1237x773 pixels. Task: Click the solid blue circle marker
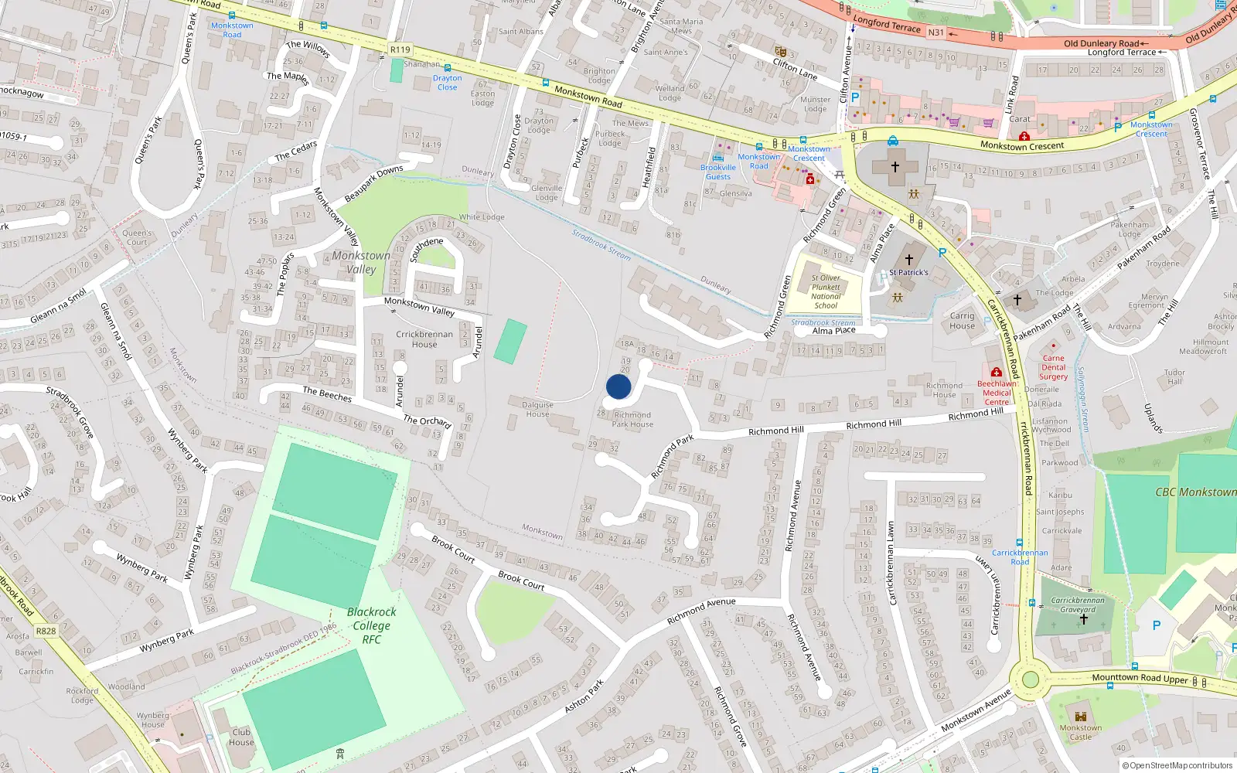[618, 386]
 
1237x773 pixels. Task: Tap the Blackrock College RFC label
[372, 625]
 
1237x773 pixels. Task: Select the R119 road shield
[400, 49]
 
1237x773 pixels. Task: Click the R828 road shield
[46, 631]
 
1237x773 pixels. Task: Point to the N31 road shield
[935, 32]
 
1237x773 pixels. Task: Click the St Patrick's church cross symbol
[909, 260]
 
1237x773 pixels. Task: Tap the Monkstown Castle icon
[1081, 716]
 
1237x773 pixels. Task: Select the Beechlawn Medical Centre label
[997, 393]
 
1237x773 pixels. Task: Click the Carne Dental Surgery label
[1053, 367]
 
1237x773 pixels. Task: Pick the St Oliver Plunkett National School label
[826, 291]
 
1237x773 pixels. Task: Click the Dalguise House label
[537, 409]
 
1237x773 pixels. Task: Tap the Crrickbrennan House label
[424, 339]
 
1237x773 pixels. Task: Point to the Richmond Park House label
[632, 420]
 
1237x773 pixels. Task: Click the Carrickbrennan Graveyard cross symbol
[1083, 619]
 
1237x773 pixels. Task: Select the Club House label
[241, 737]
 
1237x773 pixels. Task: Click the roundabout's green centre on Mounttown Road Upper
[1030, 679]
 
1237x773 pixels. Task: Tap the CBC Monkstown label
[1195, 492]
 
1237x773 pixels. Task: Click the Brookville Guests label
[718, 172]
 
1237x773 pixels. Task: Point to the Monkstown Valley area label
[361, 262]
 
